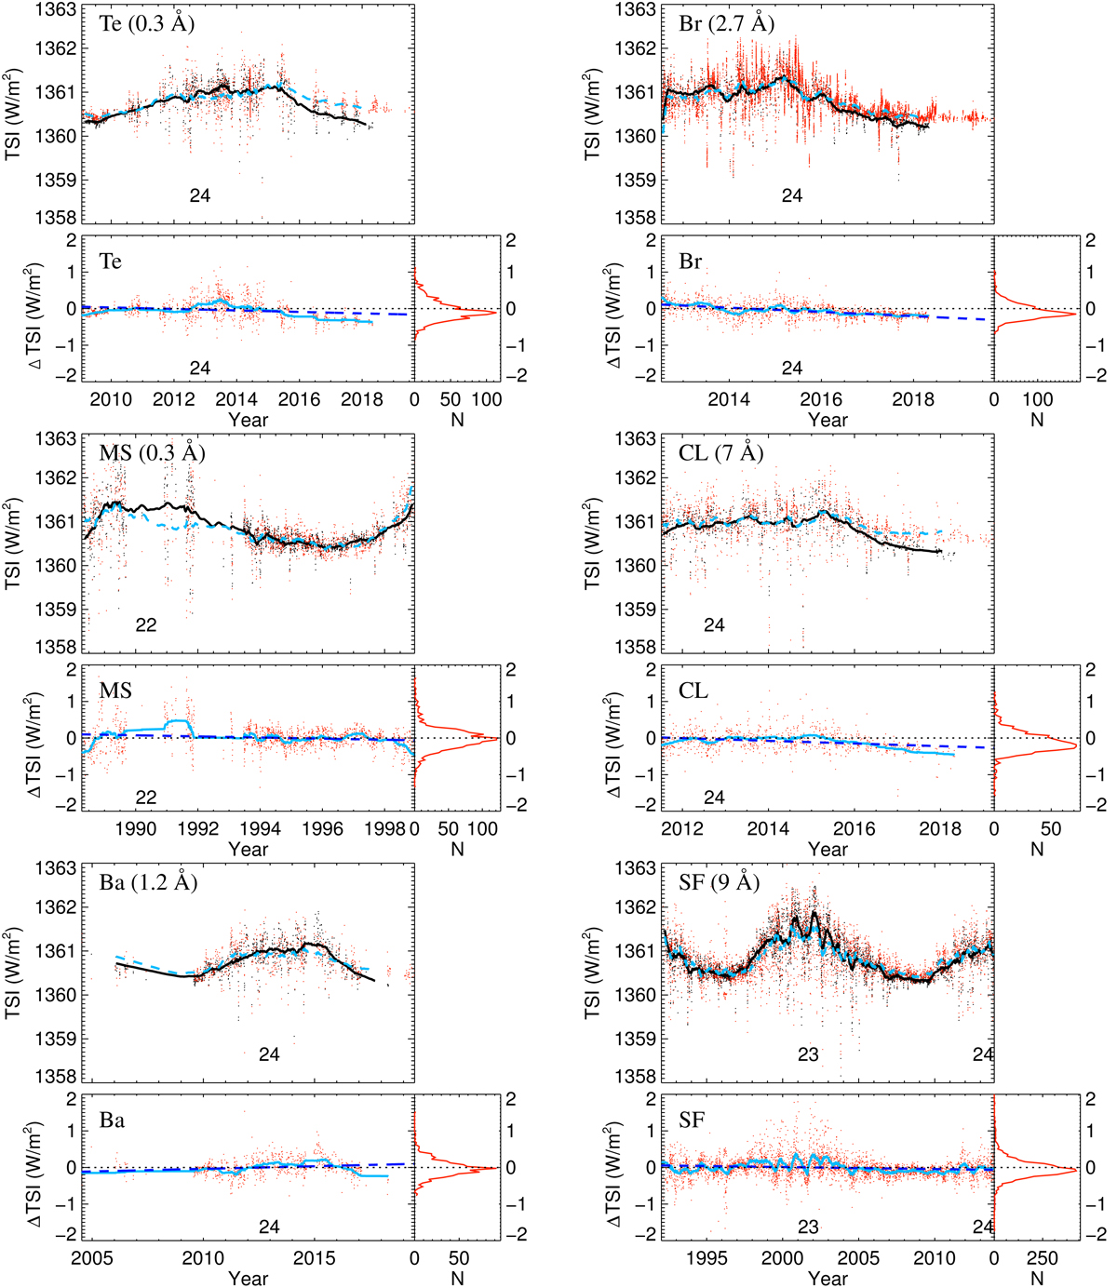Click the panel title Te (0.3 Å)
[146, 24]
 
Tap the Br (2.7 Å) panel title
[726, 24]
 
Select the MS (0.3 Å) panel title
[152, 453]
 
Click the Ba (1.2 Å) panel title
[148, 882]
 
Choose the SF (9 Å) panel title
[719, 882]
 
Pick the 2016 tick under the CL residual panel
[854, 829]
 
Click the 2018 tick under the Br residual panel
[913, 400]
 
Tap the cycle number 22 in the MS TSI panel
[146, 624]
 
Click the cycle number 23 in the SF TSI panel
[808, 1054]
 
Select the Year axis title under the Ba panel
[248, 1279]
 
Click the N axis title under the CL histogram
[1037, 849]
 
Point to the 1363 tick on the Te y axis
[61, 10]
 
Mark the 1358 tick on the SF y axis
[640, 1077]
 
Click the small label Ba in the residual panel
[112, 1120]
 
